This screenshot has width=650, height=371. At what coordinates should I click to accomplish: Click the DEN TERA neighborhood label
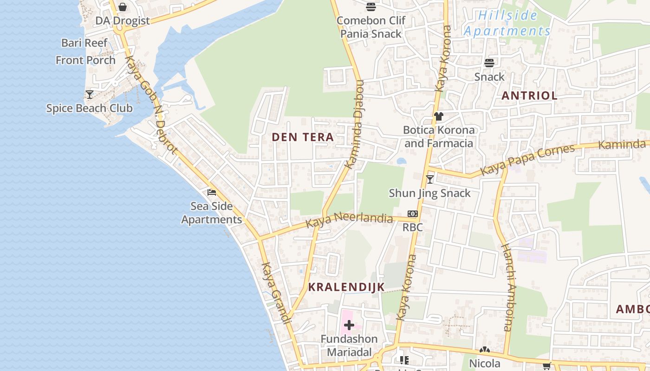coord(303,137)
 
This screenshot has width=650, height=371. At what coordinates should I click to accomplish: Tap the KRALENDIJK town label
coord(346,287)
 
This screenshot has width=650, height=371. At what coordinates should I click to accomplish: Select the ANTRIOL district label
coord(529,96)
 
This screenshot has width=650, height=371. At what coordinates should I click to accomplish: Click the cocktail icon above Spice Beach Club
coord(89,95)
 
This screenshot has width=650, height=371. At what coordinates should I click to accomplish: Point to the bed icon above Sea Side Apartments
coord(212,192)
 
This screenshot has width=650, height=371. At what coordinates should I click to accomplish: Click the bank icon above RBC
coord(412,214)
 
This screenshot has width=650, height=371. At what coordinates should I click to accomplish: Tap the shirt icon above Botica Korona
coord(439,116)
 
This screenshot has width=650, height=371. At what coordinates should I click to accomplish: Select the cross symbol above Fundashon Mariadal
coord(349,326)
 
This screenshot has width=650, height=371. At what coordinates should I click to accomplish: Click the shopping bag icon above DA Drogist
coord(123,7)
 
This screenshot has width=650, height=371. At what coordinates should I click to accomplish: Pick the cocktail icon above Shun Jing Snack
coord(430,179)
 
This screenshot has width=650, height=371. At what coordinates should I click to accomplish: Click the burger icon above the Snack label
coord(489,63)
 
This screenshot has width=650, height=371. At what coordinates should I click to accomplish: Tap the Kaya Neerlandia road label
coord(349,218)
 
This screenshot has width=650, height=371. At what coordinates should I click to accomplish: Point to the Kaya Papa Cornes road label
coord(527,160)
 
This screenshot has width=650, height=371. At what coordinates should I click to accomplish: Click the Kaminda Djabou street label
coord(354,124)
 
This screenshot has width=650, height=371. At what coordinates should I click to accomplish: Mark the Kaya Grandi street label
coord(276,293)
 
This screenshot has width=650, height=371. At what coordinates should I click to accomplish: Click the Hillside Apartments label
coord(507,23)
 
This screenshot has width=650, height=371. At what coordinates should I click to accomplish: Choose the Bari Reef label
coord(84,43)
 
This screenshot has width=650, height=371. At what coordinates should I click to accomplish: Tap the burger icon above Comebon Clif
coord(370,6)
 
